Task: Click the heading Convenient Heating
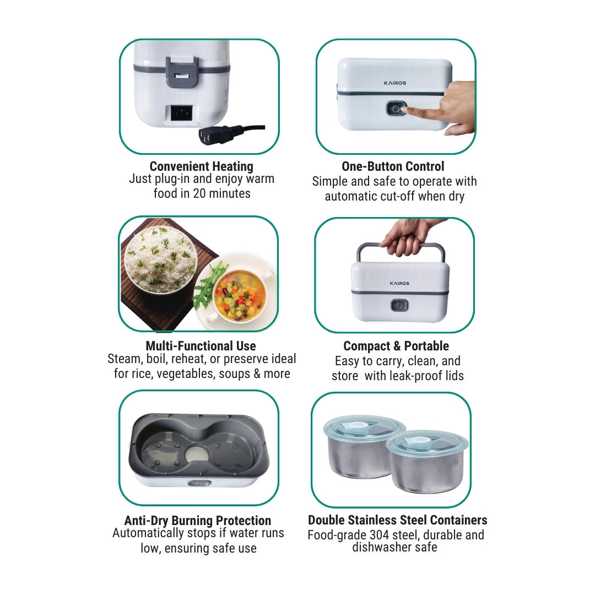(x=202, y=166)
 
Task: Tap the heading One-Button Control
(x=393, y=166)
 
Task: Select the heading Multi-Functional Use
(x=201, y=345)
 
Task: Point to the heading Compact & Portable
(x=396, y=345)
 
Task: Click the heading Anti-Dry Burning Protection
(x=198, y=520)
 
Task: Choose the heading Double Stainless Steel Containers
(x=398, y=520)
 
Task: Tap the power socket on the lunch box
(x=181, y=113)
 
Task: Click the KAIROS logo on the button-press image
(x=394, y=83)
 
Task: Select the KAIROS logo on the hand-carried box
(x=399, y=283)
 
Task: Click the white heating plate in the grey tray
(x=197, y=453)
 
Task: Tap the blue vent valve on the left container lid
(x=350, y=426)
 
